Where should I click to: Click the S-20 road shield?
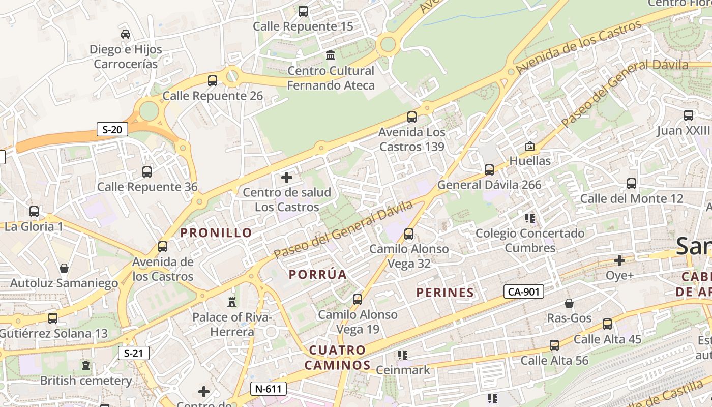coord(112,129)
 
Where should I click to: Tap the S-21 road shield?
coord(133,353)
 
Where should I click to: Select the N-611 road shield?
coord(269,389)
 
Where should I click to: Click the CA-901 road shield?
coord(524,292)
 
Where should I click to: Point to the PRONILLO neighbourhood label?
coord(216,233)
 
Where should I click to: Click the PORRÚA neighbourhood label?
coord(318,275)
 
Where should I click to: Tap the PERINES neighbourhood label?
coord(445,293)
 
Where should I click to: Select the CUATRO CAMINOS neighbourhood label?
coord(338,358)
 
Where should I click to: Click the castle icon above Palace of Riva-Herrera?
coord(232,302)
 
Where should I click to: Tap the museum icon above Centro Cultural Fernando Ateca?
coord(331,55)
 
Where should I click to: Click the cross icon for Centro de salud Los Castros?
coord(287,178)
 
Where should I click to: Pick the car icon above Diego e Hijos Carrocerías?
coord(125,34)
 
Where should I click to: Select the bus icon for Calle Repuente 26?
coord(213,80)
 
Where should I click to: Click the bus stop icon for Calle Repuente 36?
coord(147,171)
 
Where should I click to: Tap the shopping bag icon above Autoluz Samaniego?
coord(64,268)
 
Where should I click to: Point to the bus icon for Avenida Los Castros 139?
coord(412,117)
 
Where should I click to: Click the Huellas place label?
coord(530,161)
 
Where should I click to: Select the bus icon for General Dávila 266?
coord(489,169)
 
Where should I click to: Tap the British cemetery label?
coord(86,381)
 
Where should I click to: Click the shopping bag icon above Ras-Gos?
coord(569,303)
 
